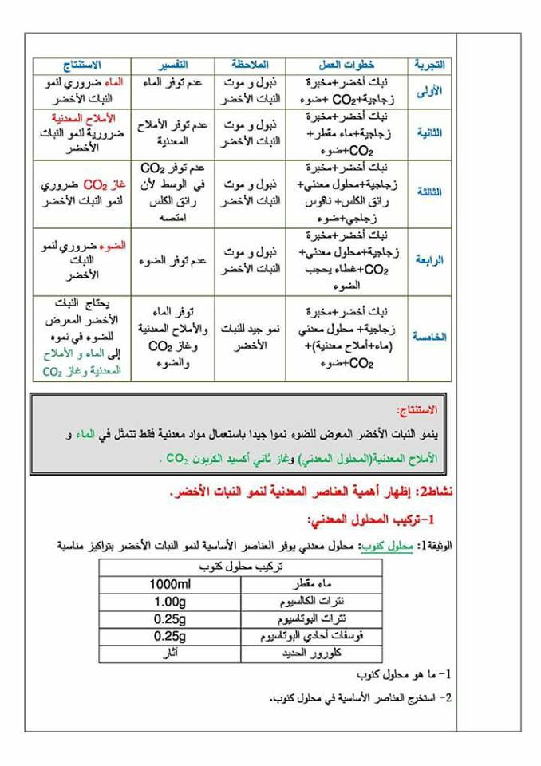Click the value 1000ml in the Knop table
(169, 585)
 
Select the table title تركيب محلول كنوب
(241, 567)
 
